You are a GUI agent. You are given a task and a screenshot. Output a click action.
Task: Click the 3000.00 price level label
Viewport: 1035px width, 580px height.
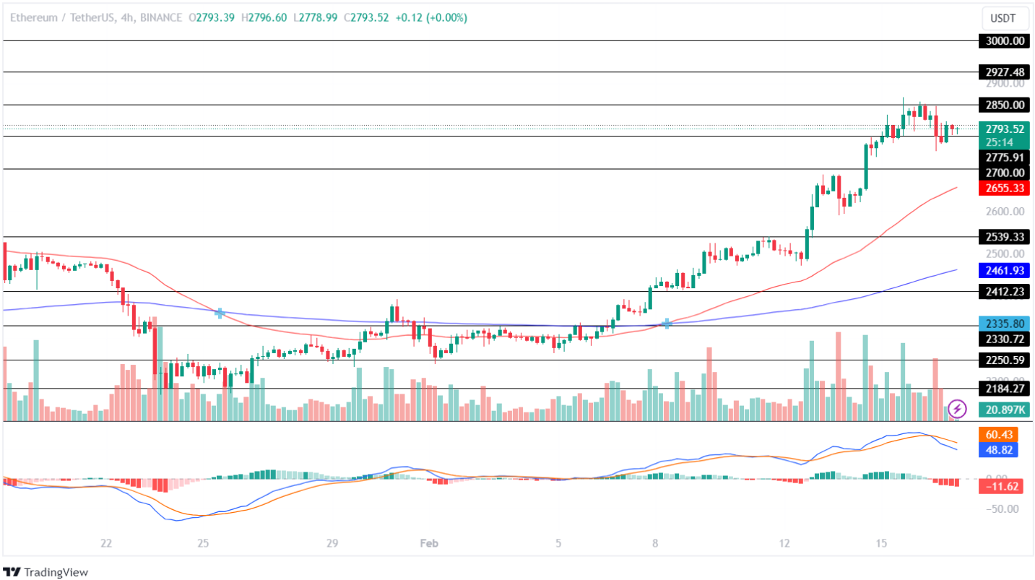(1003, 41)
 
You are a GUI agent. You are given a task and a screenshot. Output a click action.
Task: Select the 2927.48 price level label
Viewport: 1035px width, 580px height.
(1003, 72)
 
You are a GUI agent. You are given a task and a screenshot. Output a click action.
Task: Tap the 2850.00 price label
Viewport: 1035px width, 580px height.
(1003, 105)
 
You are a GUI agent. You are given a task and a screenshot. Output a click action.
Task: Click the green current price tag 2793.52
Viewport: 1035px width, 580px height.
(1003, 129)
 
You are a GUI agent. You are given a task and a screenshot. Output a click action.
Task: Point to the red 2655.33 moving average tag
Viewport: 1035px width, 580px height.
(1003, 189)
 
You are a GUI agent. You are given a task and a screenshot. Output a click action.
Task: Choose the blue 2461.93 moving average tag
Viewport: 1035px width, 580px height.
(1003, 271)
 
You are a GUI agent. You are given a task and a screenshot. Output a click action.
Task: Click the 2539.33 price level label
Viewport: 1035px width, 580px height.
(1003, 237)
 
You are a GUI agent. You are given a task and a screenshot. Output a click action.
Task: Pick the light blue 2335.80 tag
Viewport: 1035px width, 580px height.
(1003, 324)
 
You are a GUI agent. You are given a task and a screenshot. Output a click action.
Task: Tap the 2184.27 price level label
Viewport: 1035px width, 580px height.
(1003, 389)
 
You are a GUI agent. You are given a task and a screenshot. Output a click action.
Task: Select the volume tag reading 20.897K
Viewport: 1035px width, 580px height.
(1003, 410)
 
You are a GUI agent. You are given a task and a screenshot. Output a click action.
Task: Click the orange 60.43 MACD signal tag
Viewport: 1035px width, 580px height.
(1003, 435)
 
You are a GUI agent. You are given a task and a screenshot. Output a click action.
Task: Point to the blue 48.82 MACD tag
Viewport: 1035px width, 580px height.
(1003, 450)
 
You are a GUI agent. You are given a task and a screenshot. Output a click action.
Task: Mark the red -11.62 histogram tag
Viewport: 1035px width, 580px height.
(1003, 487)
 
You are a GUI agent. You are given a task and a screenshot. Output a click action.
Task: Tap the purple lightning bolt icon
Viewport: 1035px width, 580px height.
(958, 409)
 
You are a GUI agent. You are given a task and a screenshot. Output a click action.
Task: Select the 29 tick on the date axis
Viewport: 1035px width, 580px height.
(332, 543)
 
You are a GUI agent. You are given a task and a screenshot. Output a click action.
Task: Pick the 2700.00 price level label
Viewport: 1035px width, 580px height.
(1003, 173)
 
